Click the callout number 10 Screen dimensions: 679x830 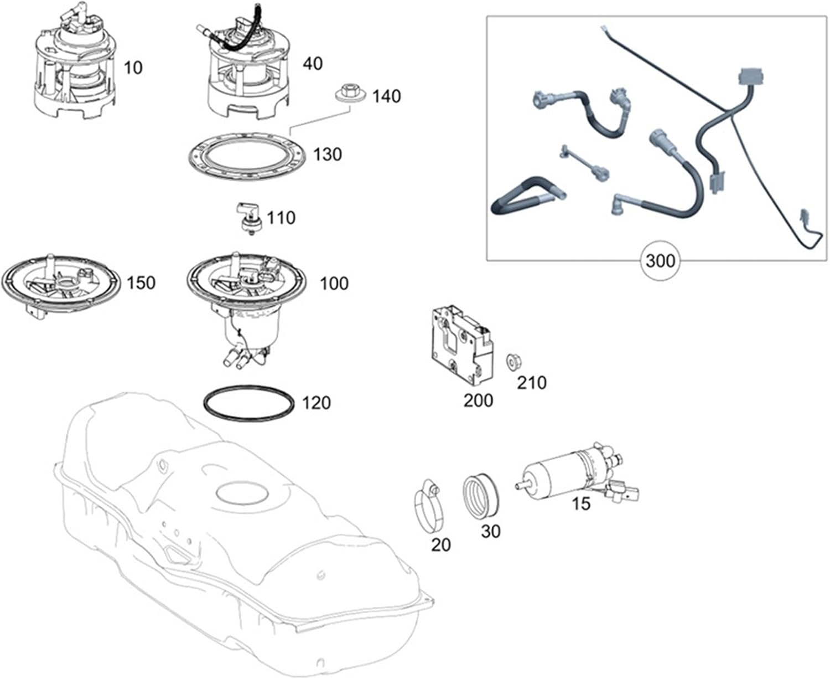[x=133, y=68]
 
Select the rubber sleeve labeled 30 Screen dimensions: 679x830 [x=480, y=496]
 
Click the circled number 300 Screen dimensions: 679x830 [x=661, y=260]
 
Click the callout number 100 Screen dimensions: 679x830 [x=334, y=284]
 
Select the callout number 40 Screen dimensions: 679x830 [x=312, y=64]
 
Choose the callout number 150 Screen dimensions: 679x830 [x=141, y=283]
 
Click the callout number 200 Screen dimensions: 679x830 [x=478, y=400]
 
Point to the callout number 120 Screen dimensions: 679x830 [x=316, y=403]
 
